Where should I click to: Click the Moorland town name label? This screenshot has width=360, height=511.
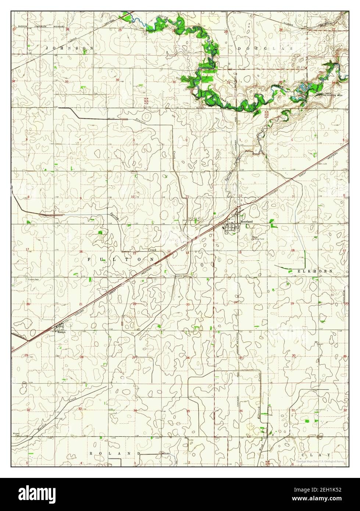click(246, 222)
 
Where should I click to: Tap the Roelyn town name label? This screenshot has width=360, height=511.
click(61, 331)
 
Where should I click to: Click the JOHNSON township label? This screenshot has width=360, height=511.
click(69, 48)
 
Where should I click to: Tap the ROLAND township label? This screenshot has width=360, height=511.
click(115, 454)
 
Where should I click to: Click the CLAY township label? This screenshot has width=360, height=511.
click(315, 455)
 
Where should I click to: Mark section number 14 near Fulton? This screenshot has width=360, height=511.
click(187, 253)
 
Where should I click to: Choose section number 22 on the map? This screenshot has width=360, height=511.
click(134, 304)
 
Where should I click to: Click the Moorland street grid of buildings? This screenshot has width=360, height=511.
click(232, 228)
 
